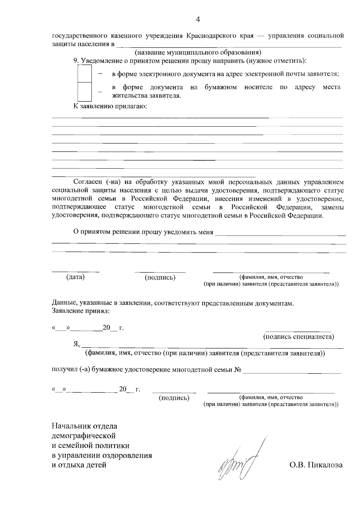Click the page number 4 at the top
[198, 20]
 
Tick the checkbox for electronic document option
[85, 74]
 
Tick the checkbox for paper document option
[85, 91]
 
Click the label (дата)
[75, 277]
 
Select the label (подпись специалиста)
[298, 336]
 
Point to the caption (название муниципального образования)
[198, 53]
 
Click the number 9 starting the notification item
[76, 61]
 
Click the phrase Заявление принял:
[81, 311]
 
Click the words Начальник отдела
[85, 426]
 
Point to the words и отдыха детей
[79, 465]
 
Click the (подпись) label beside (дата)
[160, 278]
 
